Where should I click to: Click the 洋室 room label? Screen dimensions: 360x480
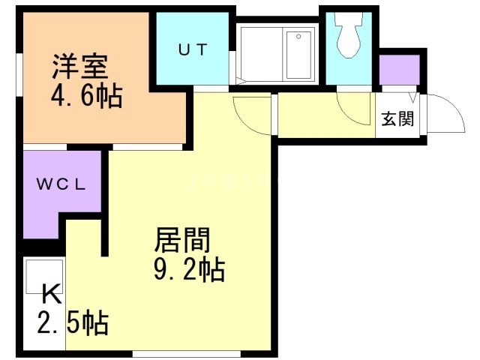point(80,66)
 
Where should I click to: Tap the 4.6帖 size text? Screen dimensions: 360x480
point(87,97)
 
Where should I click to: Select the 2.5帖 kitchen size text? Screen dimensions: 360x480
point(73,324)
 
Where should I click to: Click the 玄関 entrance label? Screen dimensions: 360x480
point(397,118)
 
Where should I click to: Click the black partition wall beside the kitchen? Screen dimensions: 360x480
point(106,202)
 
